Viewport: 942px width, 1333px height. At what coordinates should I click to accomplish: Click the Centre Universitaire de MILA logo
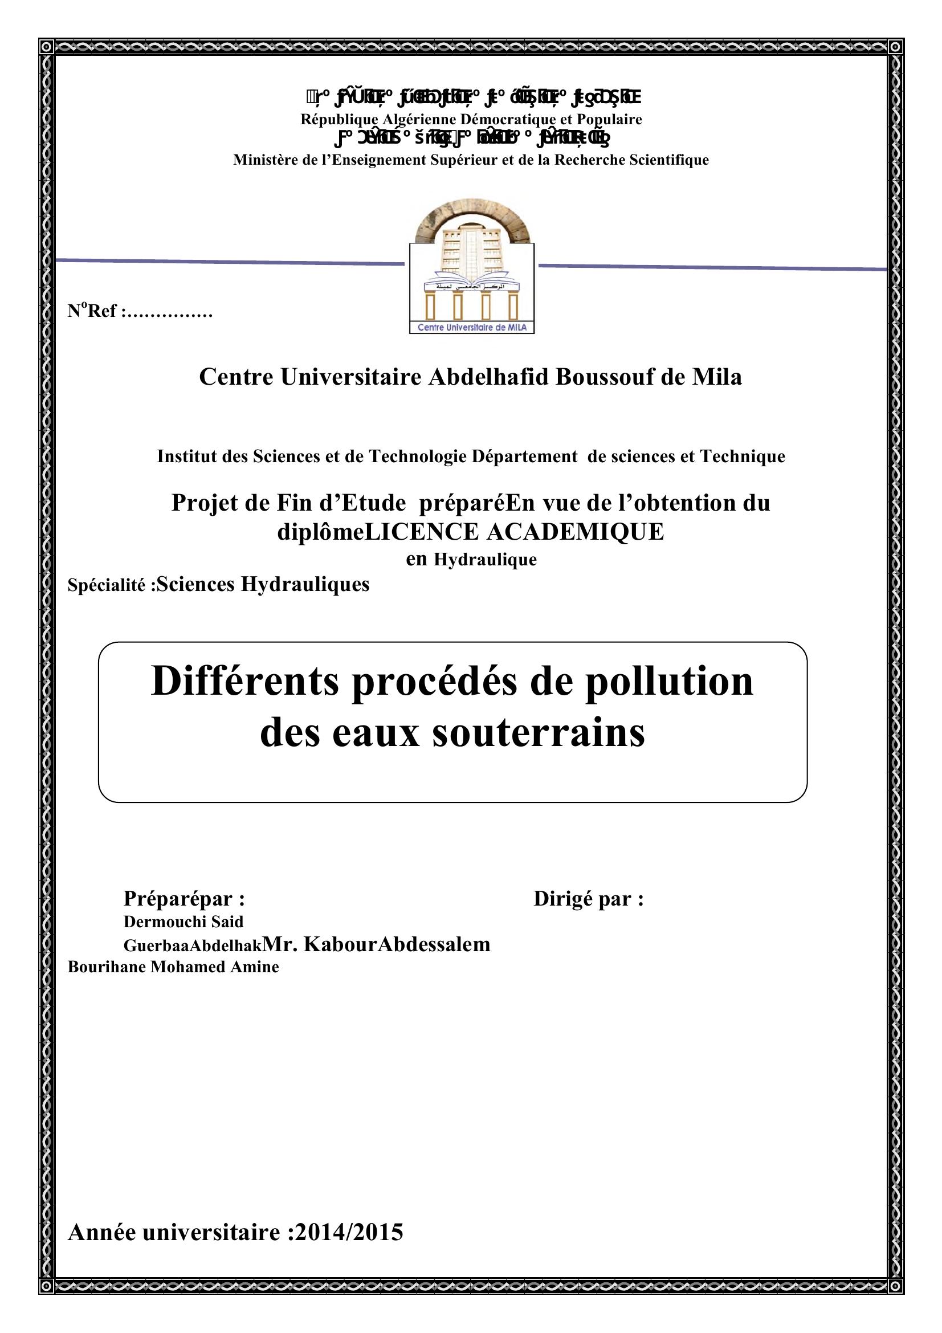click(x=471, y=271)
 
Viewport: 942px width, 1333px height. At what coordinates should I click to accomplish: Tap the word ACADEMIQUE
click(x=574, y=531)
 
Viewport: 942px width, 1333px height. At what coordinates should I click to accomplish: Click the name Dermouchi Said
click(x=183, y=922)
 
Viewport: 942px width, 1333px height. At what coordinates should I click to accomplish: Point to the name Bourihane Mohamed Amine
click(x=173, y=967)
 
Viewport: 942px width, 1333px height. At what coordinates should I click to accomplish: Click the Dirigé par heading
click(x=588, y=899)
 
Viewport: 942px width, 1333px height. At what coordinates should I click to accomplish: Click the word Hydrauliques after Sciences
click(x=305, y=584)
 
